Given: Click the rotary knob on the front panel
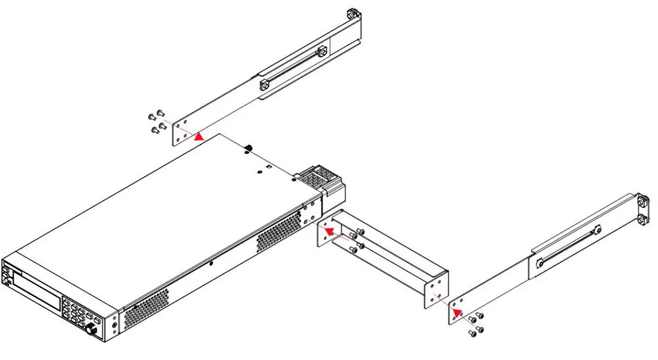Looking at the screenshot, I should (91, 330).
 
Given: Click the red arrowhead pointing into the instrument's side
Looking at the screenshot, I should (330, 230).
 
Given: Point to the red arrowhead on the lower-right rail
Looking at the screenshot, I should (457, 313).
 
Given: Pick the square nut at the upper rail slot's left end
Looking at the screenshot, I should (264, 85).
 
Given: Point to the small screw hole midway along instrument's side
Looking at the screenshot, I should (212, 263).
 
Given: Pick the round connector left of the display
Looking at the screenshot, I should (6, 278).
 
